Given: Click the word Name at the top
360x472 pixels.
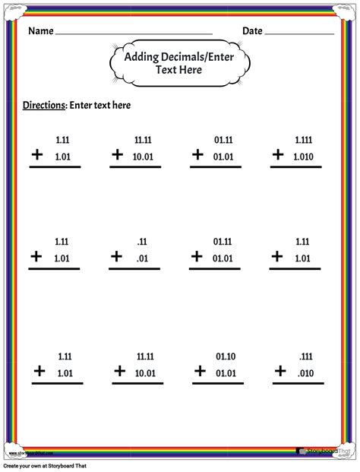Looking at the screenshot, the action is tap(41, 32).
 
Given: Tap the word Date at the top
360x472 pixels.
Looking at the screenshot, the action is tap(253, 32).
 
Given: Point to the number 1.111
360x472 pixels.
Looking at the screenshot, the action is tap(305, 141).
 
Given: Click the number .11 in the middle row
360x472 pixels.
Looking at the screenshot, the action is tap(142, 242).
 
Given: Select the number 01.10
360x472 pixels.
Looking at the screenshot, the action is tap(223, 355).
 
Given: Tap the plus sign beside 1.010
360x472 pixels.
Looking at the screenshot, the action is tap(279, 154).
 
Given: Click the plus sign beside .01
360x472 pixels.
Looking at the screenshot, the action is tap(117, 257).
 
